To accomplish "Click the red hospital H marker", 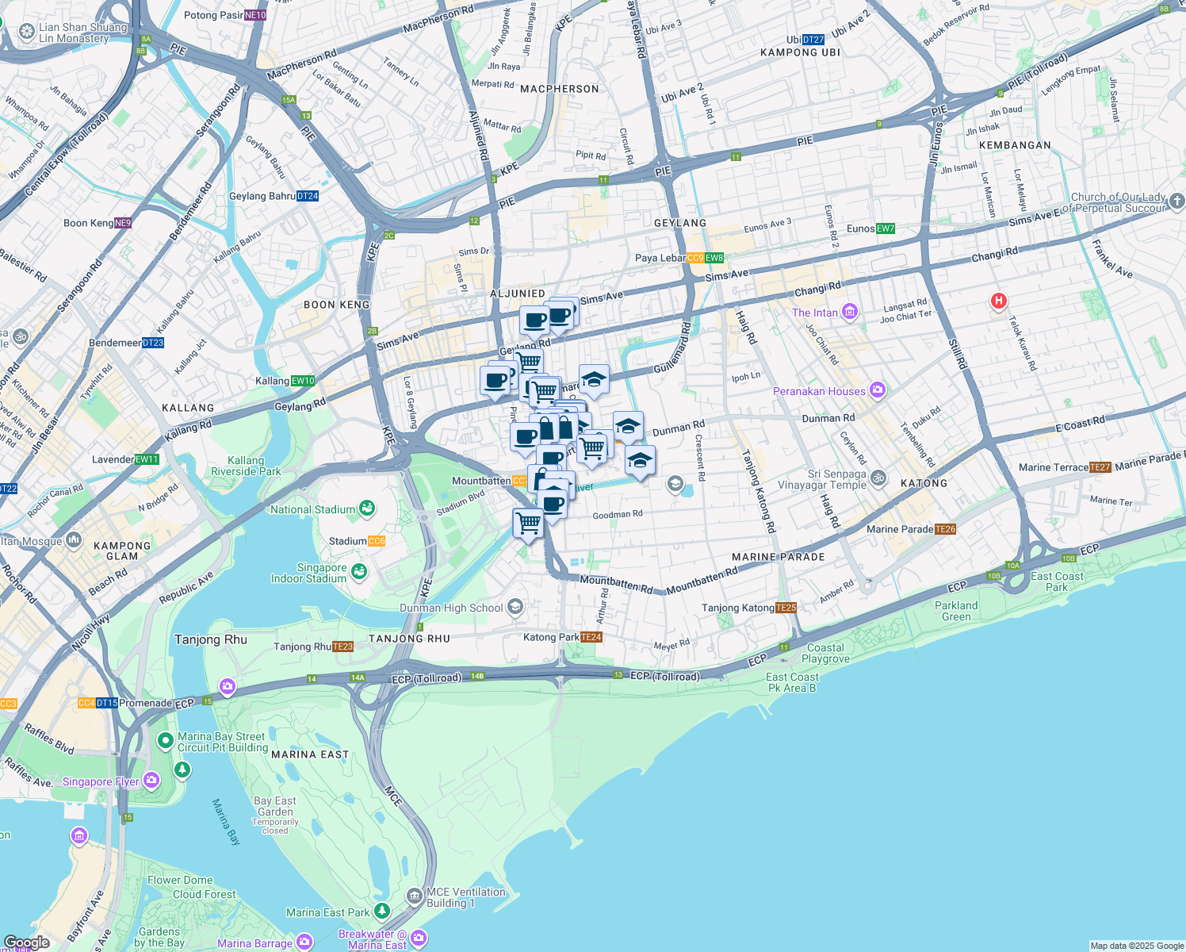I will click(x=999, y=301).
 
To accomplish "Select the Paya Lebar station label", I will click(x=660, y=258).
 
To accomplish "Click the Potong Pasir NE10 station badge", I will click(x=255, y=15).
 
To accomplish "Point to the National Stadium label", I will click(x=312, y=509).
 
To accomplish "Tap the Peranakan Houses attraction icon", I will click(x=877, y=390).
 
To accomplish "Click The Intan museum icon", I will click(x=850, y=312).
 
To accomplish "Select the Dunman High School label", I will click(x=451, y=608).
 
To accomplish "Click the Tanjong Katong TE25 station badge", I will click(x=786, y=608).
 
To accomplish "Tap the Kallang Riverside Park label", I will click(x=246, y=466).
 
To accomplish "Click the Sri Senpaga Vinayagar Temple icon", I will click(x=878, y=478).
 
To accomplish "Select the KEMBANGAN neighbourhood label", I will click(x=1015, y=145).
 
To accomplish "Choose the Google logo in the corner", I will click(x=26, y=942).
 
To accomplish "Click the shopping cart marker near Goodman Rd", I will click(x=528, y=523).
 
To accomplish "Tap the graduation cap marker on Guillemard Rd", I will click(x=593, y=381).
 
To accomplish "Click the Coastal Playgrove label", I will click(x=825, y=653).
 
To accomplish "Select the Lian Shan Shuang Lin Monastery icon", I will click(x=26, y=33).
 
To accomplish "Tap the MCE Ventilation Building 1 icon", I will click(x=415, y=896).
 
